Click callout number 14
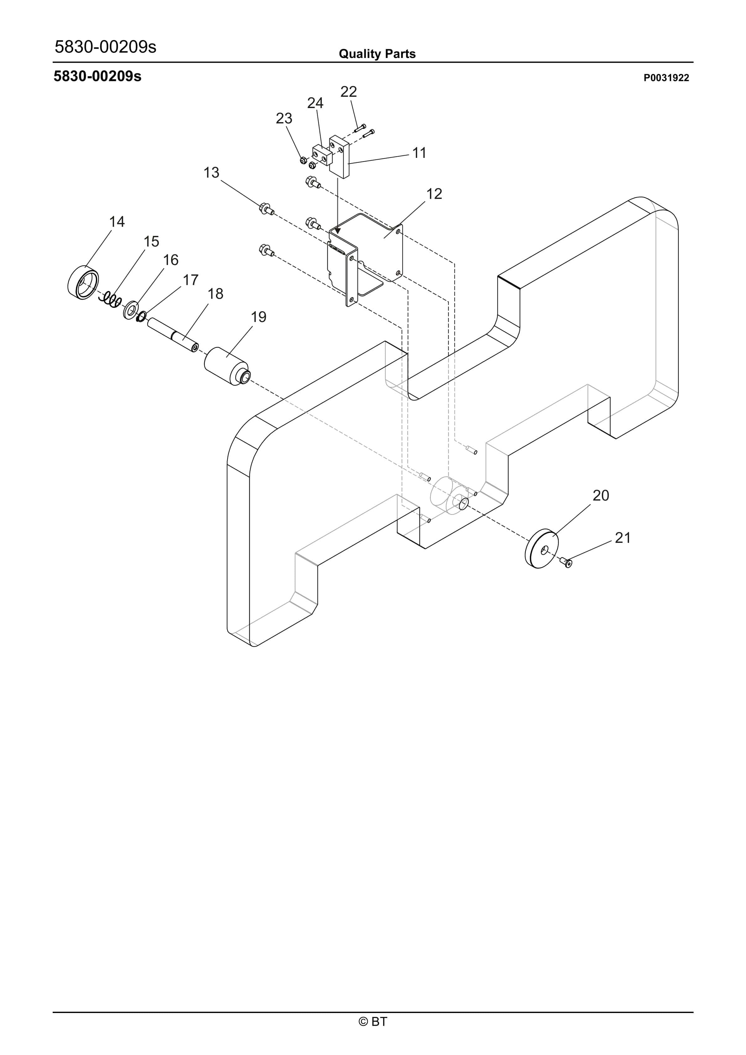pyautogui.click(x=117, y=222)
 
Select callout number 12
pyautogui.click(x=434, y=194)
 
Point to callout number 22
pyautogui.click(x=349, y=92)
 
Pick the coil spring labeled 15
pyautogui.click(x=110, y=299)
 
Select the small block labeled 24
pyautogui.click(x=323, y=155)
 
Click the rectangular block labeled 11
pyautogui.click(x=340, y=157)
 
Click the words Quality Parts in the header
pyautogui.click(x=377, y=54)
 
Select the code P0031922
pyautogui.click(x=666, y=78)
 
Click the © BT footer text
pyautogui.click(x=373, y=1021)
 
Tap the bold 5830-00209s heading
pyautogui.click(x=97, y=76)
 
